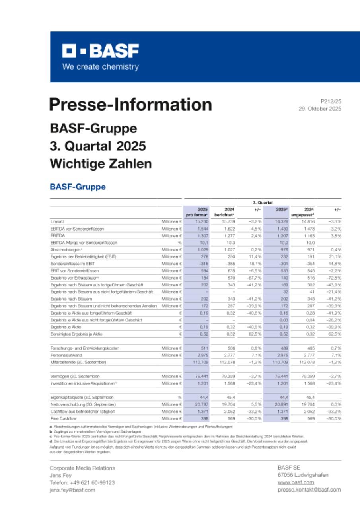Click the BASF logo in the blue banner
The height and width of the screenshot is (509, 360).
[x=101, y=51]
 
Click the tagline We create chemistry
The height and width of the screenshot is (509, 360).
[x=100, y=67]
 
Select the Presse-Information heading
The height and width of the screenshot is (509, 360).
[x=130, y=104]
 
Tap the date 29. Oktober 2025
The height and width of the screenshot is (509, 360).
[x=319, y=108]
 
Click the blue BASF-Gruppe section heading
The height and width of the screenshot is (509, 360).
[x=78, y=187]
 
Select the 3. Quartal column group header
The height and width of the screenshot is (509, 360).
[x=263, y=202]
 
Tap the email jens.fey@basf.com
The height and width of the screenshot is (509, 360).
[x=72, y=490]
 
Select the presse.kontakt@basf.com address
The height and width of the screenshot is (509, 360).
[x=309, y=490]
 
